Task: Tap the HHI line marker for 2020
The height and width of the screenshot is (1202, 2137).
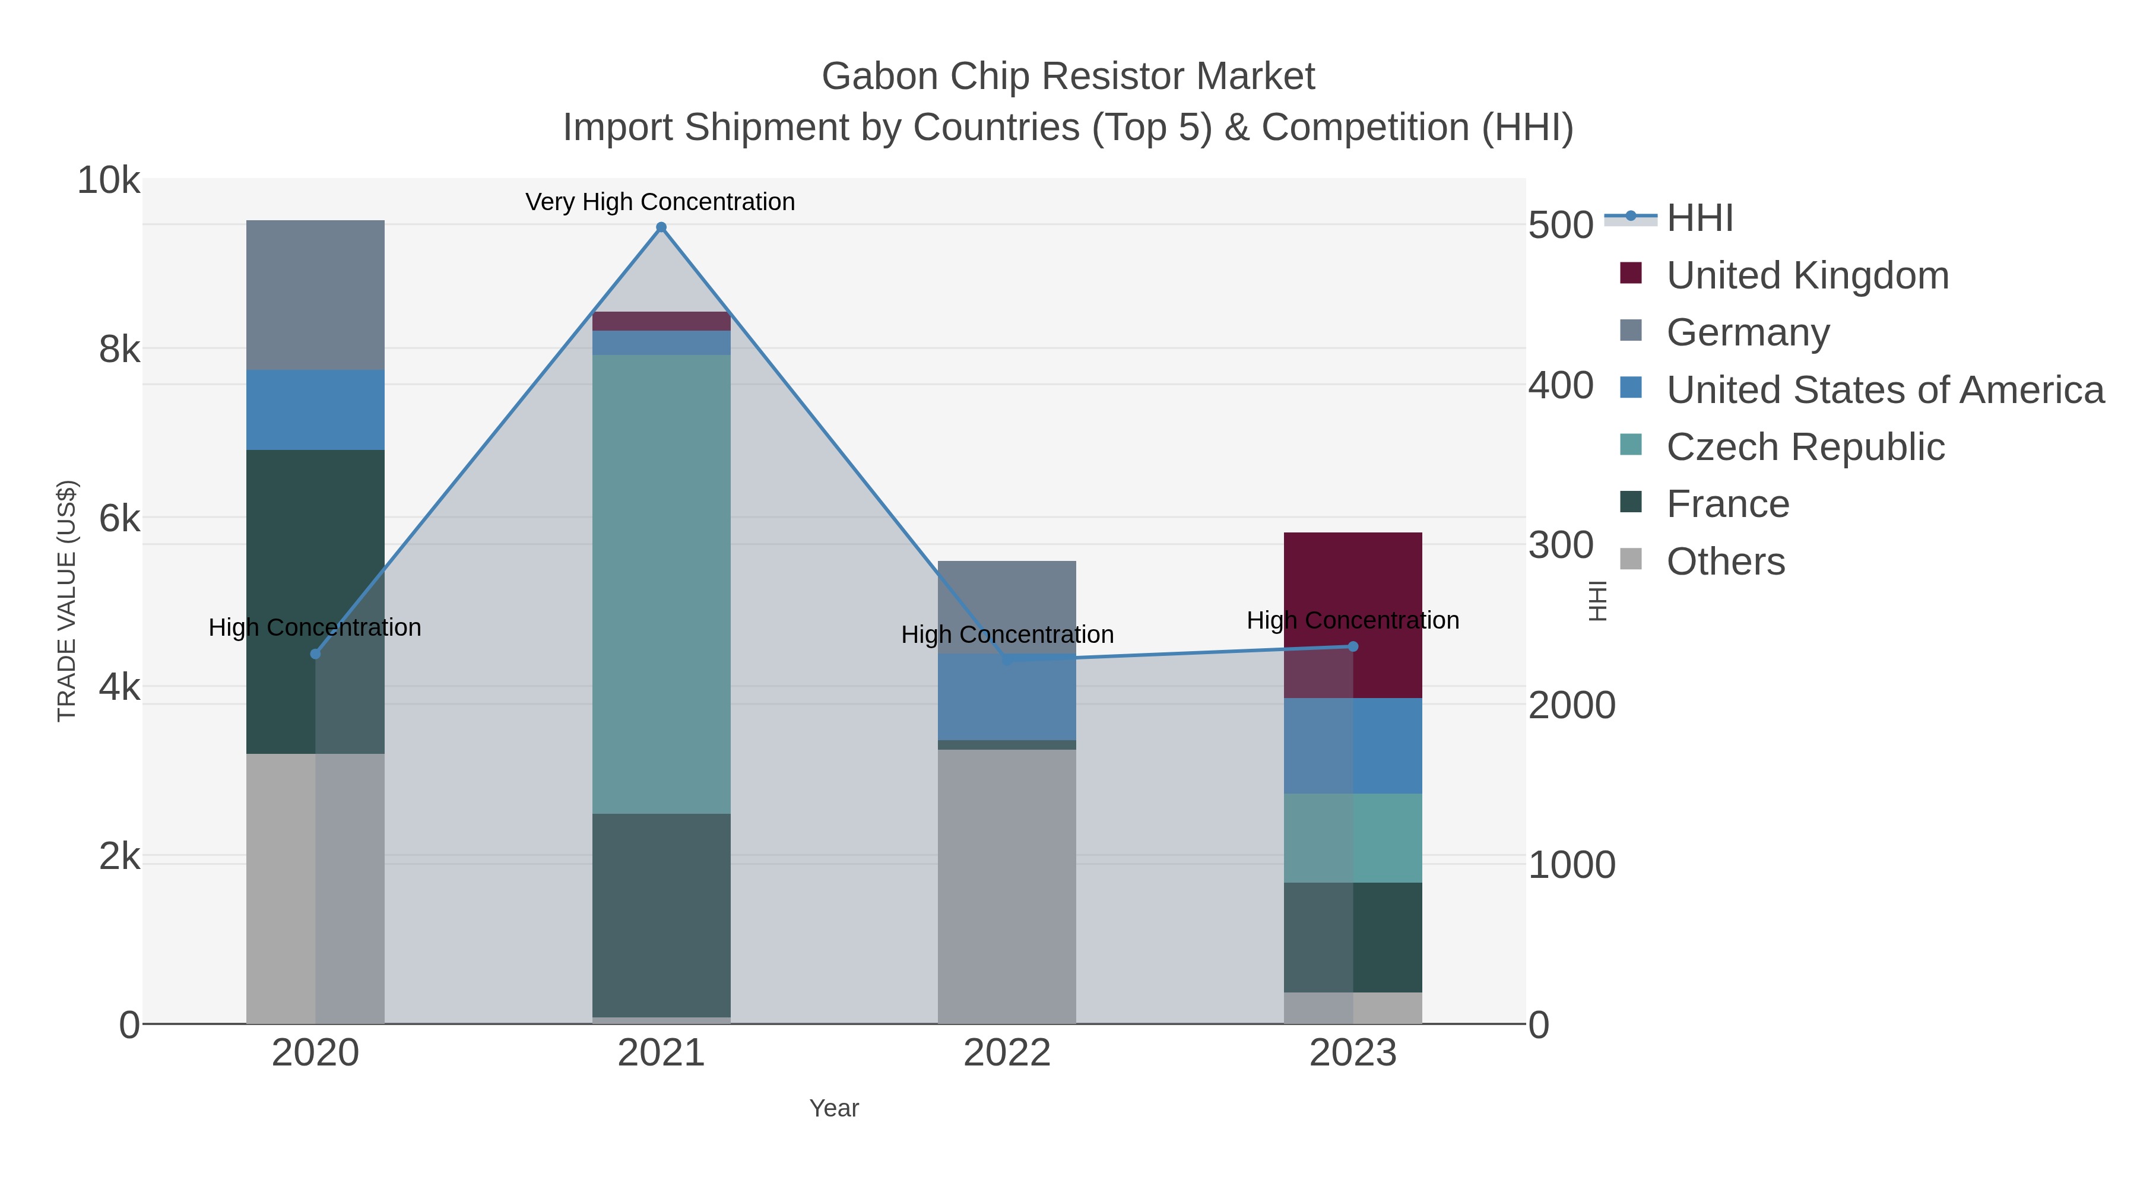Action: click(x=315, y=654)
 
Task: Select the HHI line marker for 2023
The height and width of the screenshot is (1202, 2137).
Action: click(x=1352, y=646)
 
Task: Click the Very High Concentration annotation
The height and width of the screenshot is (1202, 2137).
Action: click(x=660, y=202)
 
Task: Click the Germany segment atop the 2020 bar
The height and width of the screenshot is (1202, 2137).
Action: click(x=315, y=294)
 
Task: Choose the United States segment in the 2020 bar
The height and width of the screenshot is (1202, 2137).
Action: click(x=315, y=410)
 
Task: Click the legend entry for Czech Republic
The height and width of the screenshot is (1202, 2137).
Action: click(x=1805, y=447)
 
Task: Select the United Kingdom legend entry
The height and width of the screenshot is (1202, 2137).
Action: click(x=1807, y=275)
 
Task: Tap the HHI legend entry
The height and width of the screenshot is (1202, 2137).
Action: click(x=1699, y=218)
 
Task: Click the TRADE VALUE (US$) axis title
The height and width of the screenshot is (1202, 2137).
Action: click(x=66, y=601)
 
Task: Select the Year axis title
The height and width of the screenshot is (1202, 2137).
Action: click(x=834, y=1108)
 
